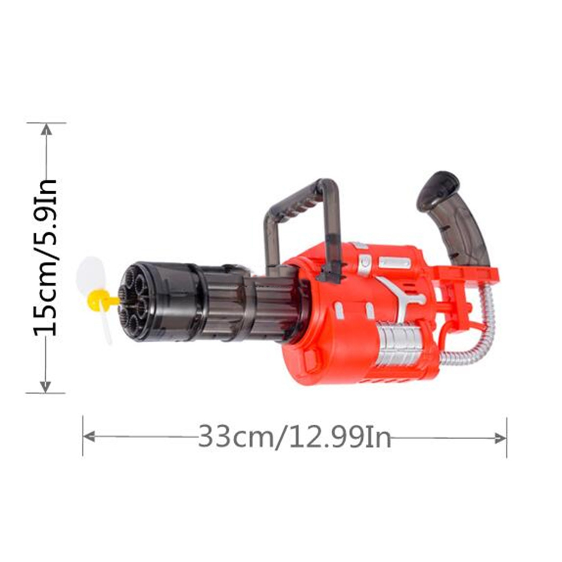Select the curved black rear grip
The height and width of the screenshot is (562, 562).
click(x=453, y=218)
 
